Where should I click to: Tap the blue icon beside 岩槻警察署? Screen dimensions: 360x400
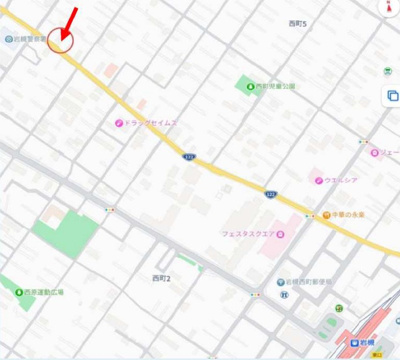[x=7, y=39]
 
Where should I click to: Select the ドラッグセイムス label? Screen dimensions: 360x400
[x=151, y=123]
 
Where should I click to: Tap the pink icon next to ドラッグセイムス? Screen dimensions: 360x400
[x=118, y=123]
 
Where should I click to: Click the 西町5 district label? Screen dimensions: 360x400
[x=297, y=23]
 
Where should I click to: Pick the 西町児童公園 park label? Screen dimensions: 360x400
[x=275, y=86]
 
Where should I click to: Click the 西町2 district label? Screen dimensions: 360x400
[x=161, y=277]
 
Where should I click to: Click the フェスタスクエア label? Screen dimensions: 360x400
[x=247, y=234]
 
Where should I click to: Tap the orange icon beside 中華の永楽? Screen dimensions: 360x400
[x=326, y=215]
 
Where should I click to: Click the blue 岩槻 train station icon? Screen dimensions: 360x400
[x=353, y=342]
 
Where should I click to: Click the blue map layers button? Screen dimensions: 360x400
[x=392, y=96]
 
